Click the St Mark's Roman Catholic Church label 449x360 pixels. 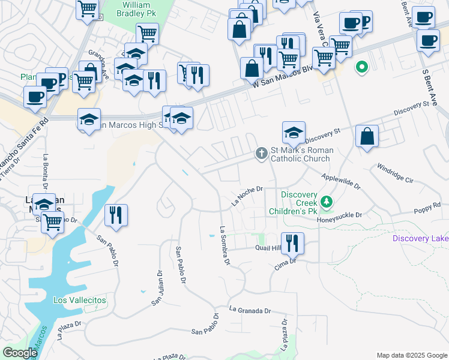click(300, 154)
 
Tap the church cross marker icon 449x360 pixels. click(261, 154)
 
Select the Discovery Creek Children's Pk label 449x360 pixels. click(300, 203)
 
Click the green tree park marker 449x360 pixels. click(326, 202)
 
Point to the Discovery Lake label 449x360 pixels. click(420, 239)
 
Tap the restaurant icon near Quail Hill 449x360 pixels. click(292, 243)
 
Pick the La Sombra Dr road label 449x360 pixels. click(225, 245)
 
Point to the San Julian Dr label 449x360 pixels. click(157, 287)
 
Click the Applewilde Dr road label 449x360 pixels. click(340, 182)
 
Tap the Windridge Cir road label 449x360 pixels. click(393, 172)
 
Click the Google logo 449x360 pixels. click(20, 353)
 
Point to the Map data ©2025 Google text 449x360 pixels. click(411, 355)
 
